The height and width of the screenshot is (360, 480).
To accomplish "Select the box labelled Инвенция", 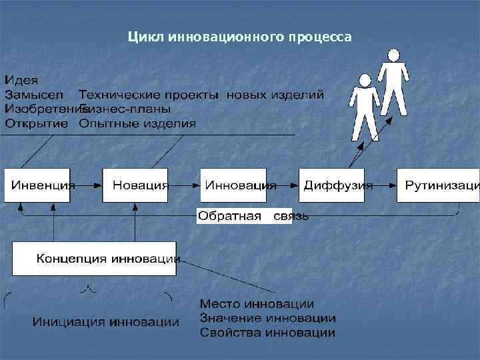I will pyautogui.click(x=40, y=185).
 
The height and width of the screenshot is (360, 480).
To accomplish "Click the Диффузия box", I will pyautogui.click(x=337, y=185).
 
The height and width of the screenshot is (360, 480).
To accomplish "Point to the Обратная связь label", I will pyautogui.click(x=253, y=217).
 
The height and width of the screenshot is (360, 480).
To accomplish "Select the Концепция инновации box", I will pyautogui.click(x=95, y=258).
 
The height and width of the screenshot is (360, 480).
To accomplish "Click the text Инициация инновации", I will pyautogui.click(x=106, y=323).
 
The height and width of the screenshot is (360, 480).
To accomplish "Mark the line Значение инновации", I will pyautogui.click(x=267, y=318).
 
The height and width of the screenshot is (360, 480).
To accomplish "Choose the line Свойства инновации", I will pyautogui.click(x=267, y=332).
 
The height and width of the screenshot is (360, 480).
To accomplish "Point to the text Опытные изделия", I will pyautogui.click(x=137, y=123).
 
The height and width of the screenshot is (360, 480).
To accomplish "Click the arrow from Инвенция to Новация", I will pyautogui.click(x=89, y=185).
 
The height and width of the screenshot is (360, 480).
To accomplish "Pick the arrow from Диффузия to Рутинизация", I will pyautogui.click(x=385, y=185).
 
